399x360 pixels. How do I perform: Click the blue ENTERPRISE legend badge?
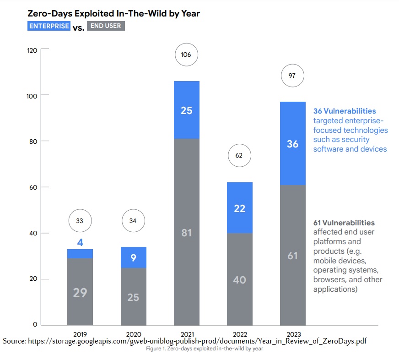coord(49,26)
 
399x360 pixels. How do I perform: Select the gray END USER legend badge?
coord(106,26)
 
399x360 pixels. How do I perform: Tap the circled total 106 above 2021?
coord(186,55)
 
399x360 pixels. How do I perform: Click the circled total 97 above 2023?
coord(292,76)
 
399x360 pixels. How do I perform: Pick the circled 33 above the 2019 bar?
coord(80,221)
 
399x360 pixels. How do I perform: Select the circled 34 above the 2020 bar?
coord(133,221)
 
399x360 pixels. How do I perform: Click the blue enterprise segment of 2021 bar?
coord(186,110)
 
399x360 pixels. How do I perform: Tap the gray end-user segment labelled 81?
coord(186,233)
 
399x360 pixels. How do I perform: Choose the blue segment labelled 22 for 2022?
coord(240,208)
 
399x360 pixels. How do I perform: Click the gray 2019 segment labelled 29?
coord(80,292)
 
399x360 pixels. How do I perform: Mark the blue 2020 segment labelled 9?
coord(133,258)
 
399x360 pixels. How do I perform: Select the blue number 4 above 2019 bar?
coord(80,243)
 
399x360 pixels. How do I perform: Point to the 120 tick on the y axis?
coord(32,50)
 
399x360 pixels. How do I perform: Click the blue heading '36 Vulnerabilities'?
coord(345,111)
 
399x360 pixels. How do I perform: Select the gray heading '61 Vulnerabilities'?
coord(344,223)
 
